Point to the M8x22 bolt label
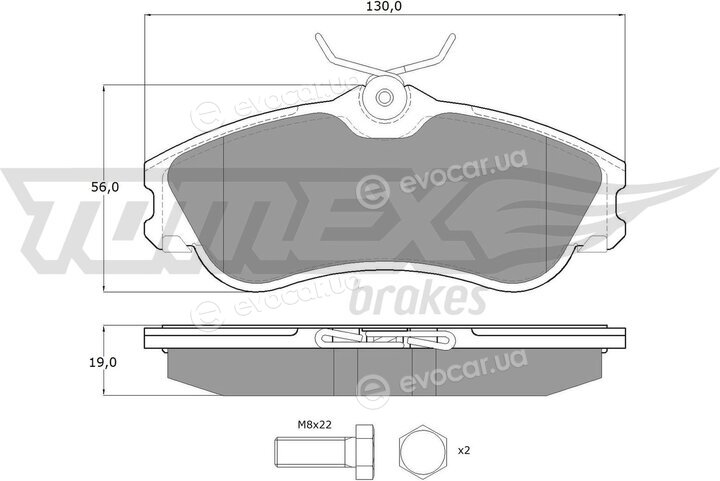pos(315,425)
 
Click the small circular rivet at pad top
pos(384,97)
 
